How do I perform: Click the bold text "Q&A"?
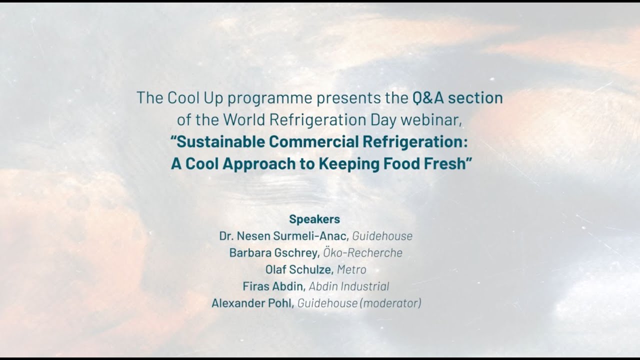(x=428, y=97)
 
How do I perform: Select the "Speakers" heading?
(x=314, y=219)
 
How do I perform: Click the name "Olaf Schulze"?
(x=298, y=269)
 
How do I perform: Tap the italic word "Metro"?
(x=351, y=269)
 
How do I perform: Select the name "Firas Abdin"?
(x=273, y=286)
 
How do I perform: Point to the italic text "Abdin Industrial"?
(x=349, y=286)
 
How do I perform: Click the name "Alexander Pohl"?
(x=252, y=303)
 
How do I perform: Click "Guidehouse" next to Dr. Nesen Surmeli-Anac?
(x=382, y=236)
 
